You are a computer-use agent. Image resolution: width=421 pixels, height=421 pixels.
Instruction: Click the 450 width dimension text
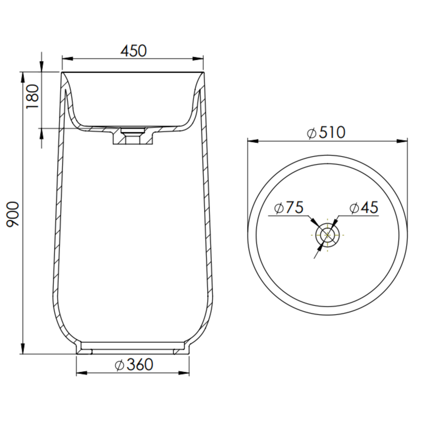pyautogui.click(x=133, y=51)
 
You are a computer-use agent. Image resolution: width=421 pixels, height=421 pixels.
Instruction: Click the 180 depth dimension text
pyautogui.click(x=33, y=96)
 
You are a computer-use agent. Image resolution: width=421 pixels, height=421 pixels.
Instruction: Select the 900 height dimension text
pyautogui.click(x=13, y=215)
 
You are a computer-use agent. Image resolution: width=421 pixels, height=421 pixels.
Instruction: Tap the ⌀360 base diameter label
pyautogui.click(x=134, y=364)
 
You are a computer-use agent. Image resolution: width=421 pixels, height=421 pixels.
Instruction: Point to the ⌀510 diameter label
pyautogui.click(x=326, y=132)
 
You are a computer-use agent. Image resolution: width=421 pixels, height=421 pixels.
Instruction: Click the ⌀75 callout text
pyautogui.click(x=289, y=207)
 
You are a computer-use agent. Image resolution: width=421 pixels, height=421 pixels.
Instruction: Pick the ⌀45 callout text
pyautogui.click(x=364, y=207)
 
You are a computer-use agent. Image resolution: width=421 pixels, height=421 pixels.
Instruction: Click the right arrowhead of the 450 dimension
pyautogui.click(x=198, y=59)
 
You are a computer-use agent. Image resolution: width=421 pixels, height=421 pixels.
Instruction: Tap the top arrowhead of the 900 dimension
pyautogui.click(x=23, y=77)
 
